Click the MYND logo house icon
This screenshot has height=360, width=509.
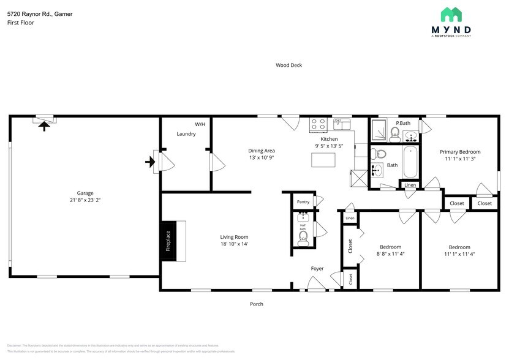pyautogui.click(x=456, y=15)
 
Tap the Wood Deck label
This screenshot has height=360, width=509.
pyautogui.click(x=288, y=65)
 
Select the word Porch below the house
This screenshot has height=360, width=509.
pyautogui.click(x=256, y=304)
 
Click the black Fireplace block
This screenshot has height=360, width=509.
pyautogui.click(x=168, y=241)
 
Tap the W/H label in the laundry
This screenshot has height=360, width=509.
pyautogui.click(x=200, y=124)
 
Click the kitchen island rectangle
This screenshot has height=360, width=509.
pyautogui.click(x=325, y=160)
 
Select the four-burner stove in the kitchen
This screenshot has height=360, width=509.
pyautogui.click(x=318, y=124)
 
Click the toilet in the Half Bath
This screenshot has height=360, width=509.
pyautogui.click(x=303, y=241)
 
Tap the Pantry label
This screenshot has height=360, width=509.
pyautogui.click(x=303, y=201)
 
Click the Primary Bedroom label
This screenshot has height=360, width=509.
pyautogui.click(x=460, y=152)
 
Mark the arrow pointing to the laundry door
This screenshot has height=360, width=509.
pyautogui.click(x=149, y=162)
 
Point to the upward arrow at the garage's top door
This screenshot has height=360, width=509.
pyautogui.click(x=43, y=126)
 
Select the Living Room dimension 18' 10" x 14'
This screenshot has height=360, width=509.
pyautogui.click(x=234, y=244)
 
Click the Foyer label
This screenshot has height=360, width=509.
pyautogui.click(x=317, y=268)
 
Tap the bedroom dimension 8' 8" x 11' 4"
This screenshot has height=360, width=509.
pyautogui.click(x=390, y=253)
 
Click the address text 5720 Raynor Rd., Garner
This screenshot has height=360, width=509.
pyautogui.click(x=40, y=13)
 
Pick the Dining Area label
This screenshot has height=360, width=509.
pyautogui.click(x=261, y=151)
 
